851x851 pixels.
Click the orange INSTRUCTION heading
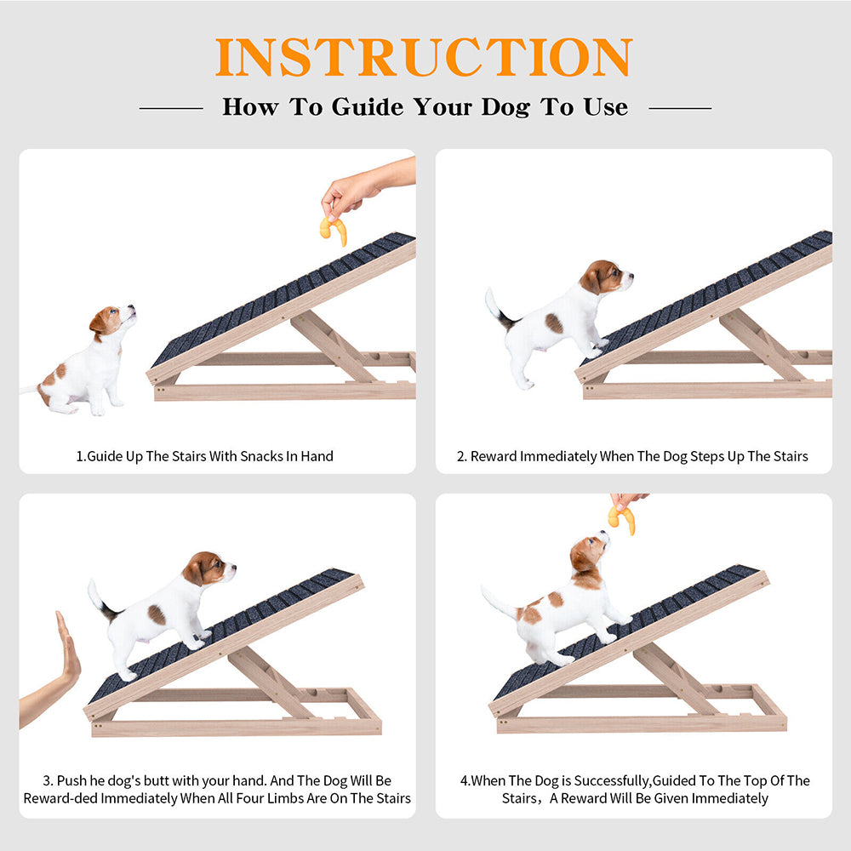pyautogui.click(x=424, y=57)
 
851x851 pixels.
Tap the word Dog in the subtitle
pyautogui.click(x=505, y=107)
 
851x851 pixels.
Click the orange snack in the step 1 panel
pyautogui.click(x=334, y=230)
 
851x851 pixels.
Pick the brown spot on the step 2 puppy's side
pyautogui.click(x=554, y=323)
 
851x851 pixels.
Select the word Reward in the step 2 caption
pyautogui.click(x=494, y=456)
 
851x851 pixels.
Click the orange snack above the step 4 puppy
pyautogui.click(x=622, y=518)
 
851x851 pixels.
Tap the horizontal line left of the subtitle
pyautogui.click(x=171, y=109)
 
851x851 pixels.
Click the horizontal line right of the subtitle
pyautogui.click(x=680, y=109)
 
